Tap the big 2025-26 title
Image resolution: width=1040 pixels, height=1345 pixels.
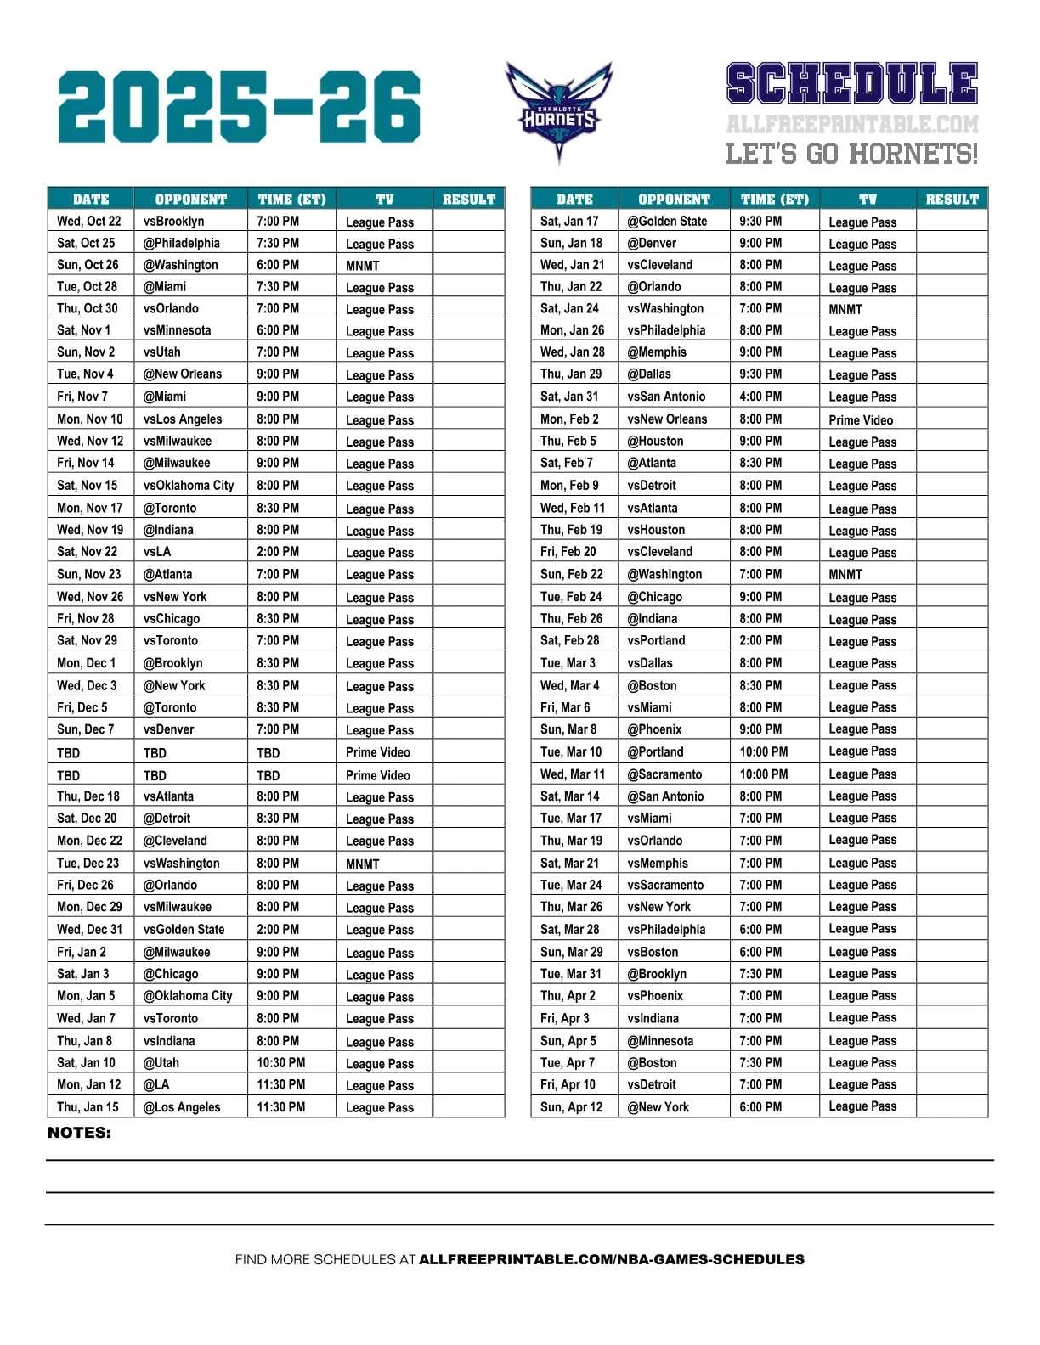pyautogui.click(x=239, y=107)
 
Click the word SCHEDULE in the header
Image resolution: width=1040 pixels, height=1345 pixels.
pyautogui.click(x=851, y=84)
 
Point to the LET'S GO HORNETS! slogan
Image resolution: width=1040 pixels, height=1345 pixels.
pyautogui.click(x=851, y=154)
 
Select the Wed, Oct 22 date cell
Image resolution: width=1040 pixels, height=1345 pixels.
pyautogui.click(x=89, y=221)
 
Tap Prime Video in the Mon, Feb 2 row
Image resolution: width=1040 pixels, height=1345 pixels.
pyautogui.click(x=861, y=419)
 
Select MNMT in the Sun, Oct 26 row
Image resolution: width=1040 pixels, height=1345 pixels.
pyautogui.click(x=363, y=265)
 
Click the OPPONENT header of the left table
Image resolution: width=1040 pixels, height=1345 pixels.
pyautogui.click(x=191, y=200)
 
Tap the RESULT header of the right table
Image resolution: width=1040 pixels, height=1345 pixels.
pyautogui.click(x=952, y=200)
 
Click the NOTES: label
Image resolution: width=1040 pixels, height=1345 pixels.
pyautogui.click(x=79, y=1133)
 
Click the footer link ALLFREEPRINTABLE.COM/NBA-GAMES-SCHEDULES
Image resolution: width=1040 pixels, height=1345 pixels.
pyautogui.click(x=612, y=1259)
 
